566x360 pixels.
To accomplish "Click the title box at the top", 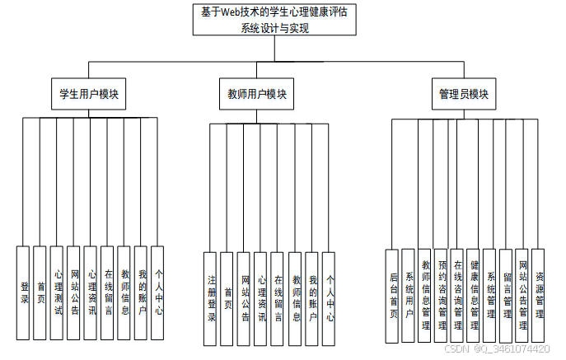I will (x=275, y=20).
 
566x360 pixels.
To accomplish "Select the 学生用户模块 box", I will (x=85, y=94).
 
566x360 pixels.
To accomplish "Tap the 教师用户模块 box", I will (x=257, y=94).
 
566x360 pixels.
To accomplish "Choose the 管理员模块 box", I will (x=463, y=94).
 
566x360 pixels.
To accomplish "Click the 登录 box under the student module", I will (x=24, y=292).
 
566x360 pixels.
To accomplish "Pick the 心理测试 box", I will (x=58, y=292).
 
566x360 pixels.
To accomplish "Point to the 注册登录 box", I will (x=212, y=298).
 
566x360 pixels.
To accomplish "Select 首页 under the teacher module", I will (x=228, y=298).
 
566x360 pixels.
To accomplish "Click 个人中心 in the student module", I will (x=158, y=292).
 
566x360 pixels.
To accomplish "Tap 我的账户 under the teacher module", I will (x=312, y=298).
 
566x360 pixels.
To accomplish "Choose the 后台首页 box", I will (x=393, y=296).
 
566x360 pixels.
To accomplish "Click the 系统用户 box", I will (x=409, y=296).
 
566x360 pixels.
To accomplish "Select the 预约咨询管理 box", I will (x=442, y=296).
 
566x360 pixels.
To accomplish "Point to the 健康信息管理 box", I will (x=474, y=296).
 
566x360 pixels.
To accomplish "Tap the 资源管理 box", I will (x=539, y=296).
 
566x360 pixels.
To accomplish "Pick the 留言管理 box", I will (x=506, y=296).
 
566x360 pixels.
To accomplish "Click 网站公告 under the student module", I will (x=74, y=292).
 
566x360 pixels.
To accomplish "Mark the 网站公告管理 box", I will (x=522, y=296).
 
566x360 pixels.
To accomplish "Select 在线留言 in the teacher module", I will (x=278, y=298).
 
